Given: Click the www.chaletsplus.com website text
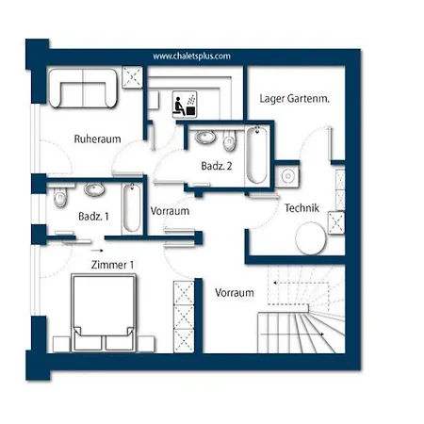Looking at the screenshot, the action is (x=191, y=57).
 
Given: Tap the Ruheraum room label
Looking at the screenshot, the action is (x=97, y=139).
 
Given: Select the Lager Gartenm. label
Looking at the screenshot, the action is (x=294, y=99).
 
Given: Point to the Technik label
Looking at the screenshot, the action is (x=302, y=208).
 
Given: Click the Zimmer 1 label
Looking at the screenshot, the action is (x=112, y=265).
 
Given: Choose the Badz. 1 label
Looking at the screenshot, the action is (x=93, y=217).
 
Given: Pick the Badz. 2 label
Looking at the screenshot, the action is (x=217, y=166).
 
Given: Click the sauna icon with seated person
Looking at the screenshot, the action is (x=185, y=105).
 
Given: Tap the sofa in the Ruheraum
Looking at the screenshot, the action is (x=83, y=89).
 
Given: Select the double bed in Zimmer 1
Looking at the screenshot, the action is (x=104, y=313).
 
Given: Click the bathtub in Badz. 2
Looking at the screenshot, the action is (x=257, y=155).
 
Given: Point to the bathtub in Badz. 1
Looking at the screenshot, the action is (x=132, y=207).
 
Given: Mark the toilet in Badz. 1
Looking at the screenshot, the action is (x=59, y=197).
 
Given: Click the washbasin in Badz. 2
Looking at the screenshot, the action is (x=205, y=138).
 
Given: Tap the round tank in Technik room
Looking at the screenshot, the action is (x=311, y=238).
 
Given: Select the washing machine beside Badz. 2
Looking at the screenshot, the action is (x=287, y=176).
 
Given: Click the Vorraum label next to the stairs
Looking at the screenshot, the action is (x=235, y=293).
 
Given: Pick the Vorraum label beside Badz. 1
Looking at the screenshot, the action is (x=170, y=211).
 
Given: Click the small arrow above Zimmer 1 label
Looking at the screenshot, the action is (x=97, y=251).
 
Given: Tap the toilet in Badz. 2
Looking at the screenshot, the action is (x=229, y=140).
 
